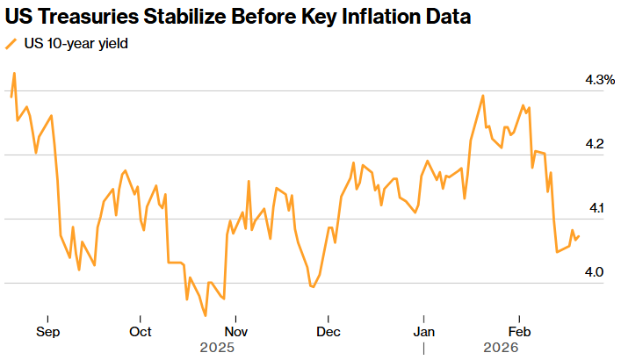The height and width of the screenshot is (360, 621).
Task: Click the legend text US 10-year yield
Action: coord(76,44)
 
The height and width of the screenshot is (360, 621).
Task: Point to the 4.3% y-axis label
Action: coord(600,80)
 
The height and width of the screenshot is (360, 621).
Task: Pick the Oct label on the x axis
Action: coord(141,332)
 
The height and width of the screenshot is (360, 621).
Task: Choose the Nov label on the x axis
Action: coord(235,332)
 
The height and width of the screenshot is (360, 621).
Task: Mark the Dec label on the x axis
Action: coord(328,332)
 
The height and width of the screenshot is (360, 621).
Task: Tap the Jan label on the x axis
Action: coord(424,332)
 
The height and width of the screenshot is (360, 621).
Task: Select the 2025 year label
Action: coord(218,348)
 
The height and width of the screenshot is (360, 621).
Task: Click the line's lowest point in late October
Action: coord(206,315)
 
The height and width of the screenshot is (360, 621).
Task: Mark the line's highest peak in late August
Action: coord(14,74)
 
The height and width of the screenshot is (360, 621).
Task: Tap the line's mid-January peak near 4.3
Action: coord(483,95)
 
